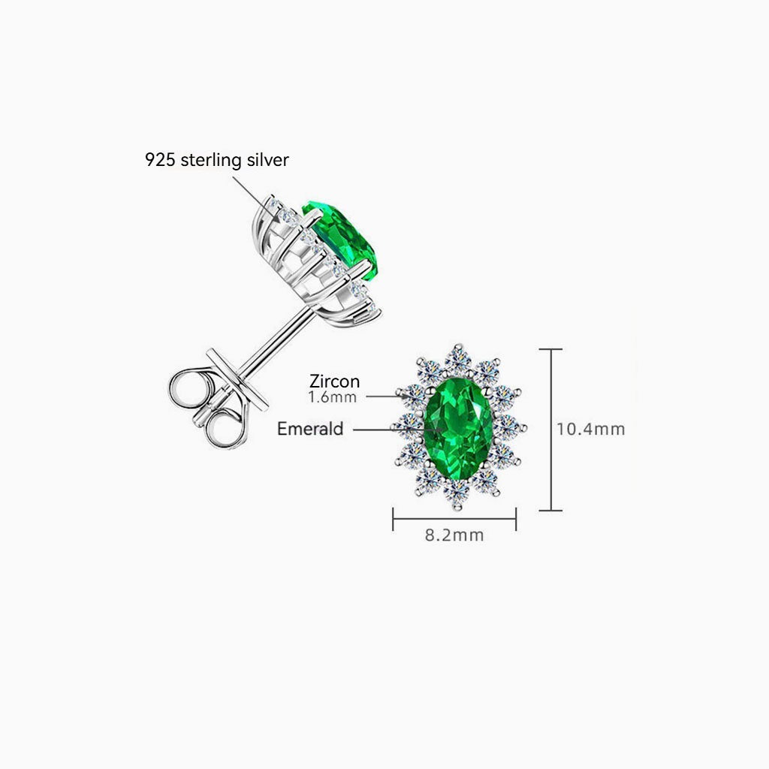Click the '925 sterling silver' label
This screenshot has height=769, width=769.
click(216, 159)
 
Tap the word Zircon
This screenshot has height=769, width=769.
click(335, 381)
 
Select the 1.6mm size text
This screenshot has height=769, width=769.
click(332, 397)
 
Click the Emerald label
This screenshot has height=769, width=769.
click(310, 429)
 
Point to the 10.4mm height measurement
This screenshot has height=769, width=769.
click(590, 429)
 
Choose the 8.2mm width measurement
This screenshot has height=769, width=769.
click(454, 535)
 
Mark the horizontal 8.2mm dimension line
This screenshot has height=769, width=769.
click(454, 517)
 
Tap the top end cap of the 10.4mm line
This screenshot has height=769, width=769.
click(551, 349)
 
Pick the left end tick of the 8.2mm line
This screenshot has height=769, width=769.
click(394, 517)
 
